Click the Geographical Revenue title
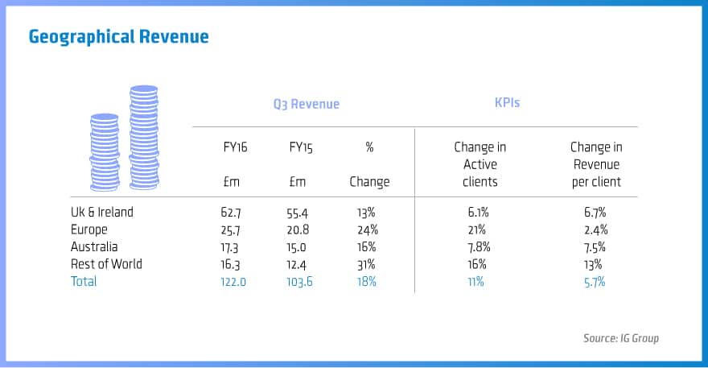tap(118, 37)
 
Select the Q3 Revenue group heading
tap(306, 104)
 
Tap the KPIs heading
tap(508, 104)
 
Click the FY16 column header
tap(235, 147)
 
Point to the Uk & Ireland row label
tap(101, 213)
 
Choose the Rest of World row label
tap(106, 264)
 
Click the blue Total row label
tap(84, 281)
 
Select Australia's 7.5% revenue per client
tap(595, 247)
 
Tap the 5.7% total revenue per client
tap(595, 281)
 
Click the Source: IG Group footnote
tap(620, 338)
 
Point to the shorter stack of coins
tap(105, 152)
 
